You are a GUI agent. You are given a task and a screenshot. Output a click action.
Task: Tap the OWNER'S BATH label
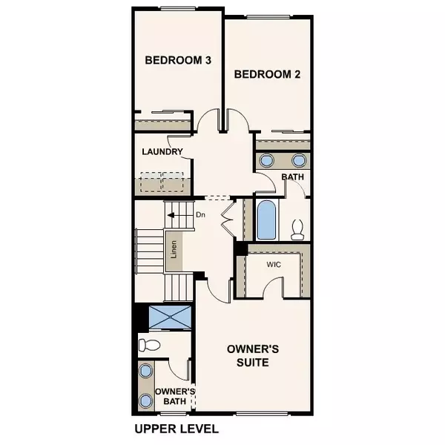[x=175, y=396]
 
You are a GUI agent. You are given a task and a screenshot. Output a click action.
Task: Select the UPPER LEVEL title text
[x=177, y=429]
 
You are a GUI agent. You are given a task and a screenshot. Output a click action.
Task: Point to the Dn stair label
[x=200, y=215]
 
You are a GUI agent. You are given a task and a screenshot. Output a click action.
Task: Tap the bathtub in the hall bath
[x=267, y=219]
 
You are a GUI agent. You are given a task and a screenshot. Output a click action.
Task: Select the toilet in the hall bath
[x=298, y=228]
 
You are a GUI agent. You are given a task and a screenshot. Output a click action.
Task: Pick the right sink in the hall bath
[x=299, y=160]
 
